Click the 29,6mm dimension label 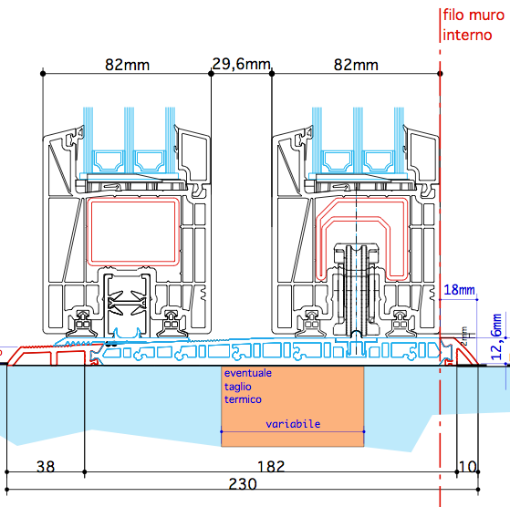click(241, 64)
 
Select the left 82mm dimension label click(127, 65)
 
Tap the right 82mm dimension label click(356, 65)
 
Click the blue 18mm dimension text click(459, 290)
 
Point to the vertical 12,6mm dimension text click(497, 336)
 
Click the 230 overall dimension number click(243, 484)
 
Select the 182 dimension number click(271, 467)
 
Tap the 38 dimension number click(46, 467)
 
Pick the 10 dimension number click(467, 467)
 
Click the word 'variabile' click(293, 424)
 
